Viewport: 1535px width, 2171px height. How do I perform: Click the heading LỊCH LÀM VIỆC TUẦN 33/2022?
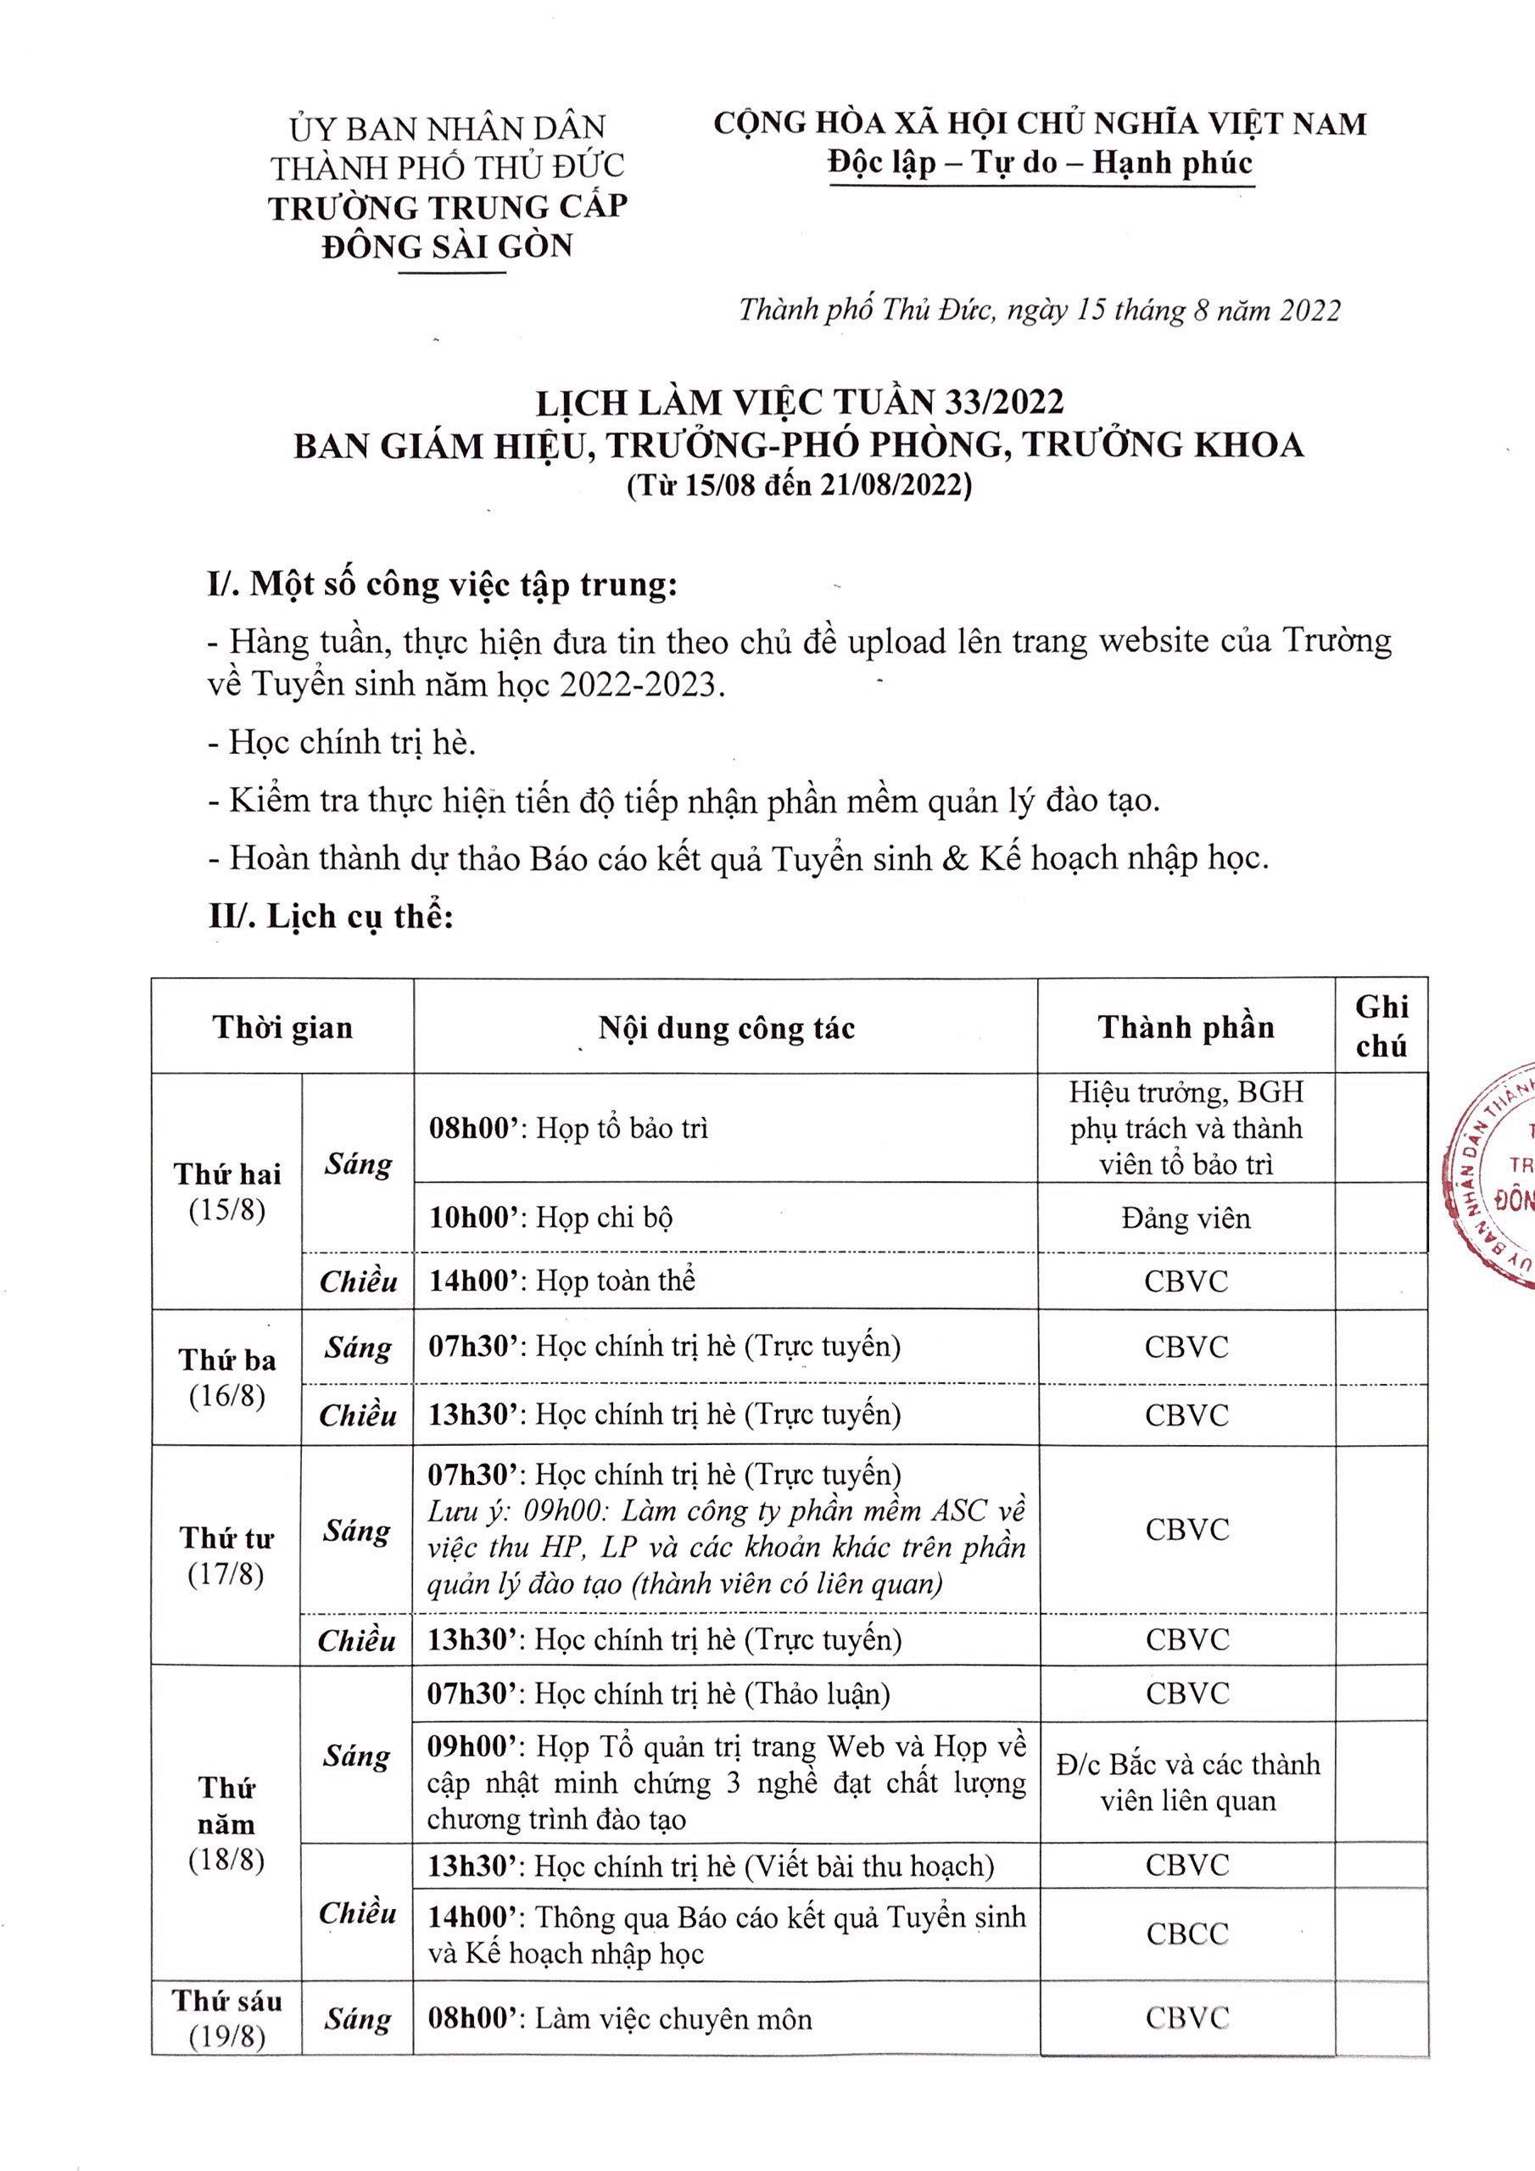799,404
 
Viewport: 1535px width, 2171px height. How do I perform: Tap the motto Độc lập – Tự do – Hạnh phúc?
1040,163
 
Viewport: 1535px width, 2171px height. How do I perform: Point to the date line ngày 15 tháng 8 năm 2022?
1040,310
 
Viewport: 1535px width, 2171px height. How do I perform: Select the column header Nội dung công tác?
725,1028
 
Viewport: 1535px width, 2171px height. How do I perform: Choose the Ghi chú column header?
1381,1026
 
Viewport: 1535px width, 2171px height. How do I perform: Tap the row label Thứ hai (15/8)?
227,1192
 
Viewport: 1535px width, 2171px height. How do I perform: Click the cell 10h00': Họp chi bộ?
550,1217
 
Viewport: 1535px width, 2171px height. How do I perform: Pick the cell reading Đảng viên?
1185,1218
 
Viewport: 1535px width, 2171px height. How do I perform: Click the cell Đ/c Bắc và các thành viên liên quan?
1187,1782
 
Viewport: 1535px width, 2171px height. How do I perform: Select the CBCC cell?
1187,1934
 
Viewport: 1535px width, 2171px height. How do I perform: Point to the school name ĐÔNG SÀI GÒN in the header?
447,247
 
